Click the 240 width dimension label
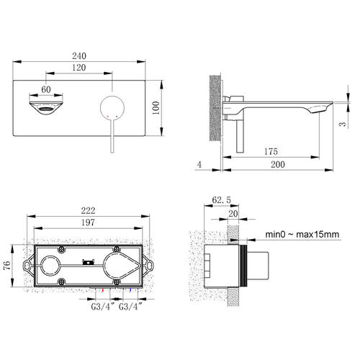(x=79, y=56)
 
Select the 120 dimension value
(x=79, y=68)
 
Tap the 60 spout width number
(x=46, y=89)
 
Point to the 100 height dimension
(x=156, y=108)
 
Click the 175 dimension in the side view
(x=271, y=151)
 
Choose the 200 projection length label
(x=278, y=164)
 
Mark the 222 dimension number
(x=88, y=210)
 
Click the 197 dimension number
(x=88, y=222)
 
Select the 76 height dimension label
(x=7, y=265)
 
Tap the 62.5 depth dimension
(x=221, y=199)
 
